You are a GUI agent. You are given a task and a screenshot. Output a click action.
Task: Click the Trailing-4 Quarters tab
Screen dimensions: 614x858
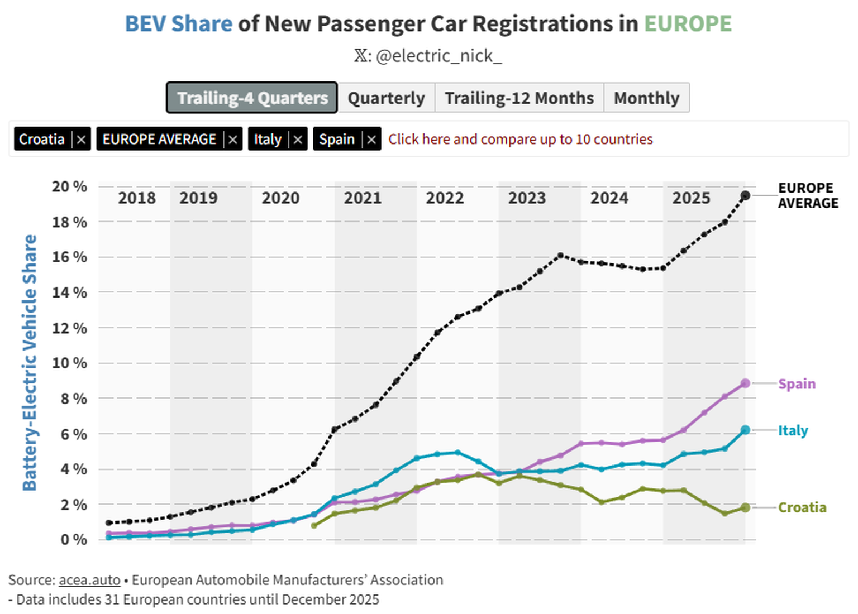pyautogui.click(x=252, y=98)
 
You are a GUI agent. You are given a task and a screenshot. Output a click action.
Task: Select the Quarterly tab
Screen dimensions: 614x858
pyautogui.click(x=386, y=98)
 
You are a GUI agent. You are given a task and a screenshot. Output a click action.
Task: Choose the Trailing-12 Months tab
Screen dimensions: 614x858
pyautogui.click(x=519, y=98)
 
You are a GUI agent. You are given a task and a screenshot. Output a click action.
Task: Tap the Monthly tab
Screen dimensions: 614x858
pyautogui.click(x=646, y=98)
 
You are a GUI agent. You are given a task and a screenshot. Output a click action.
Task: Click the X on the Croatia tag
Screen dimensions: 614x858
pyautogui.click(x=82, y=140)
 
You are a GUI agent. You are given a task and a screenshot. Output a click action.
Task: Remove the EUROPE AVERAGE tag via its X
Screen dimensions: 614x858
pyautogui.click(x=233, y=140)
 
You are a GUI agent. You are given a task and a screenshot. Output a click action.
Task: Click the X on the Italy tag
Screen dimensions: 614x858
pyautogui.click(x=298, y=140)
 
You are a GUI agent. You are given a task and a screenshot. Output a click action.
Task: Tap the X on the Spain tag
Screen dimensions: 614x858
pyautogui.click(x=371, y=140)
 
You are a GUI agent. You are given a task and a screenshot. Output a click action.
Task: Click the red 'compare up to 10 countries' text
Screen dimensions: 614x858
pyautogui.click(x=520, y=139)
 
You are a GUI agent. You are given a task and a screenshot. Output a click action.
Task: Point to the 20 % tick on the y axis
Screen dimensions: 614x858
pyautogui.click(x=69, y=186)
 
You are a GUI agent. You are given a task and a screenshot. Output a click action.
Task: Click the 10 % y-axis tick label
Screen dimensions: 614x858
pyautogui.click(x=69, y=363)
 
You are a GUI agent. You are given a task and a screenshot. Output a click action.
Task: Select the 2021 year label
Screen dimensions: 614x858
pyautogui.click(x=363, y=198)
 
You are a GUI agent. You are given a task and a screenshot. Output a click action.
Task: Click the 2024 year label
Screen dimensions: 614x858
pyautogui.click(x=609, y=198)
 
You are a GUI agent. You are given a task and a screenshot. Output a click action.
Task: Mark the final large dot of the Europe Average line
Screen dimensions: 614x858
pyautogui.click(x=745, y=195)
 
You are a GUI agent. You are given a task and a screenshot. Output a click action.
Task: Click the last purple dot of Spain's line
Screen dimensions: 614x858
pyautogui.click(x=745, y=383)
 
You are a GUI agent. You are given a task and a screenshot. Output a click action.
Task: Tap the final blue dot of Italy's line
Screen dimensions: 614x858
pyautogui.click(x=745, y=430)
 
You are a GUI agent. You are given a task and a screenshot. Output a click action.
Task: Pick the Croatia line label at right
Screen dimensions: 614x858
pyautogui.click(x=802, y=507)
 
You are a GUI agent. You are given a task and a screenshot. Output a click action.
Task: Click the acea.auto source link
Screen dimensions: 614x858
pyautogui.click(x=89, y=580)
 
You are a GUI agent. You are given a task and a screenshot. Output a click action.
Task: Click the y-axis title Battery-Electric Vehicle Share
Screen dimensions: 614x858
pyautogui.click(x=30, y=362)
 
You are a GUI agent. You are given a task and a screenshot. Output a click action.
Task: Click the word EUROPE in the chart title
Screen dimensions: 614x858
pyautogui.click(x=688, y=24)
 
